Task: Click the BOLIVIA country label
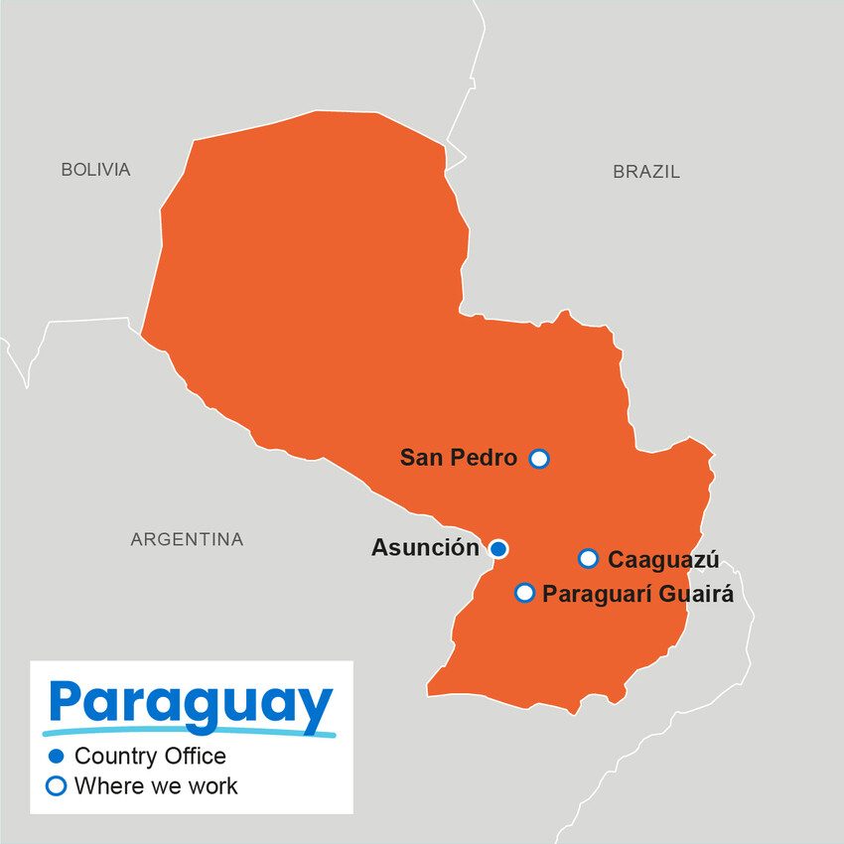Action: [95, 170]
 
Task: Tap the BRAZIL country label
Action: [646, 172]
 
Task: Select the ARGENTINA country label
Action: [187, 540]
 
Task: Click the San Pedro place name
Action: [458, 458]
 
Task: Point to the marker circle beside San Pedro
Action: [539, 459]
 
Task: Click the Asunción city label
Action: [425, 548]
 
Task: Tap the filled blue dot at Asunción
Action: [498, 549]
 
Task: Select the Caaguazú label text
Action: [663, 559]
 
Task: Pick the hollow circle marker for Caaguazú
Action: [588, 559]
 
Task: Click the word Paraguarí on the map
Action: [593, 595]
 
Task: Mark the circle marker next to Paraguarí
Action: [524, 594]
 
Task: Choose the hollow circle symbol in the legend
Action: [57, 786]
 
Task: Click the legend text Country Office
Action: [150, 757]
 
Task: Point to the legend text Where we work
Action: [156, 786]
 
